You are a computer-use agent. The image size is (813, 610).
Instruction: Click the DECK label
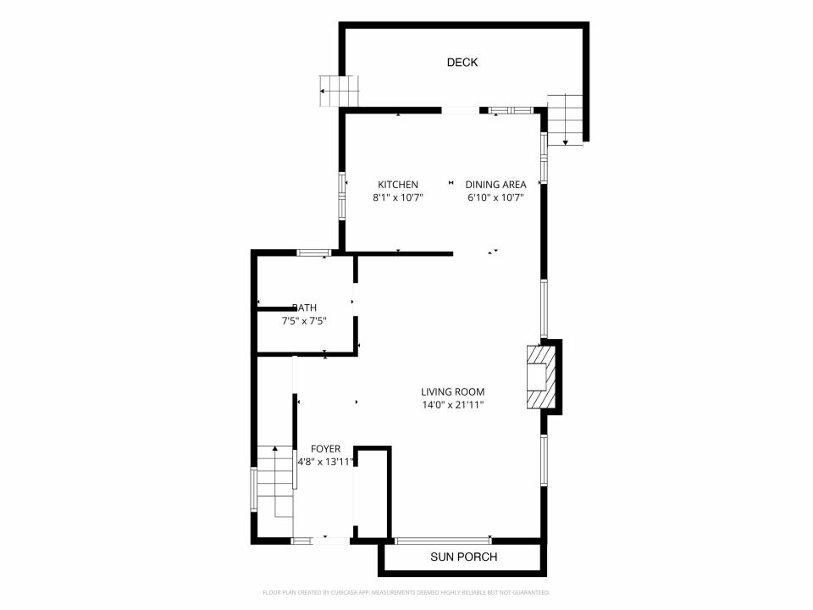[462, 62]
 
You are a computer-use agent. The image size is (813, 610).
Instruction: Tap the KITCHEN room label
[398, 185]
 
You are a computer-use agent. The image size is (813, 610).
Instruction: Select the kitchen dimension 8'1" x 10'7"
[398, 197]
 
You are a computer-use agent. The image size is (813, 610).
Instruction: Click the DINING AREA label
[495, 185]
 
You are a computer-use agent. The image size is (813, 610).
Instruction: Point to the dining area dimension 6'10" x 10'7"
[495, 197]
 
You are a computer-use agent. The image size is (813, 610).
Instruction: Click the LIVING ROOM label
[452, 392]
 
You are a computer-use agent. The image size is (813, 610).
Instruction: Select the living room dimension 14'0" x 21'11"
[452, 405]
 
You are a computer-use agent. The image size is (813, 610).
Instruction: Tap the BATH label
[304, 308]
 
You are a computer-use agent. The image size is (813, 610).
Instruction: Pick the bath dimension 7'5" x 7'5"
[304, 321]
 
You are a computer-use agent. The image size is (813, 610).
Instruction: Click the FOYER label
[325, 449]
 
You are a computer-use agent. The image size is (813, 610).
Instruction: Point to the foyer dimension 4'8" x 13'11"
[325, 463]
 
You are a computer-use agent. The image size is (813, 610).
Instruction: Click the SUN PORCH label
[463, 557]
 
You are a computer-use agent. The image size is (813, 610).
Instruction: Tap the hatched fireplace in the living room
[541, 376]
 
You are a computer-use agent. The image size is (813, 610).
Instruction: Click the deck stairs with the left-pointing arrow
[339, 91]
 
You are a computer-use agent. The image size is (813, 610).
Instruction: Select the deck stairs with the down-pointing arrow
[566, 119]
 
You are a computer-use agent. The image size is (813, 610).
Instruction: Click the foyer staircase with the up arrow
[275, 481]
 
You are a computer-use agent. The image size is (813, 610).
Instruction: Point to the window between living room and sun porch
[443, 541]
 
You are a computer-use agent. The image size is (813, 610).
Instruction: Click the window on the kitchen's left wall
[341, 194]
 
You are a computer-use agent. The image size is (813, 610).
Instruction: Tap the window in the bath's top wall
[313, 253]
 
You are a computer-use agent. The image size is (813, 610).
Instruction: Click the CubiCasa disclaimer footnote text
[406, 592]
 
